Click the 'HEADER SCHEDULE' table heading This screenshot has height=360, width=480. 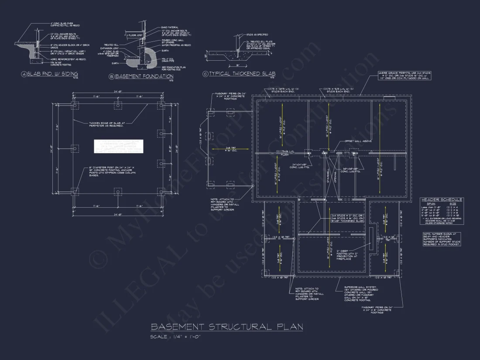pyautogui.click(x=441, y=199)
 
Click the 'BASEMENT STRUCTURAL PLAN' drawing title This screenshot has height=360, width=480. pyautogui.click(x=226, y=327)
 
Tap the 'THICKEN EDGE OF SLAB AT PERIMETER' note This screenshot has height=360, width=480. pyautogui.click(x=107, y=125)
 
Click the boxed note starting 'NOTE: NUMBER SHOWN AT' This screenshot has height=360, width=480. pyautogui.click(x=441, y=239)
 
